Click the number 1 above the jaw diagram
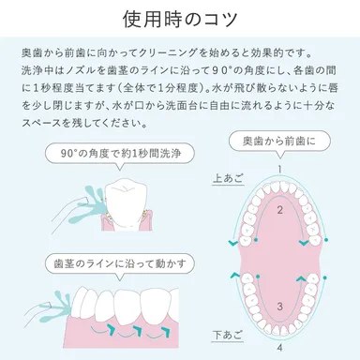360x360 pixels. coord(279,169)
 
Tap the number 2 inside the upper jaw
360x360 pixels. coord(279,211)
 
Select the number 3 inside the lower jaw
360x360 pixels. coord(279,307)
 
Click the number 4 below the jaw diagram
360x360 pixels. coord(279,348)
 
